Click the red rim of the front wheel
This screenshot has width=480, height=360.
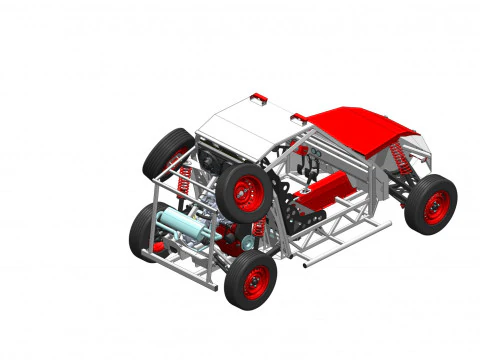435,207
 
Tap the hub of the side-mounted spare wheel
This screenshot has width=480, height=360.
246,192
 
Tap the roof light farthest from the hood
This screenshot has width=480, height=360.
259,97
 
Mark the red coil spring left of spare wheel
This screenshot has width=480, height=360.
185,181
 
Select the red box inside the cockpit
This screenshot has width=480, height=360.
330,187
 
